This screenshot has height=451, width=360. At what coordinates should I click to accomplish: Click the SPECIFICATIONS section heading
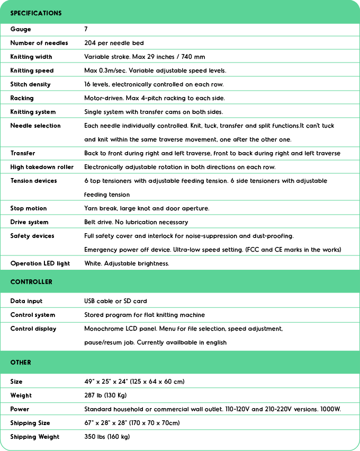(36, 13)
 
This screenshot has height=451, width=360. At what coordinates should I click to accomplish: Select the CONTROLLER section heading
(31, 282)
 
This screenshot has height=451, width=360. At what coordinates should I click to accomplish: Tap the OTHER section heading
(21, 362)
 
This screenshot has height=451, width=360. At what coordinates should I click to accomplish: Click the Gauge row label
(21, 29)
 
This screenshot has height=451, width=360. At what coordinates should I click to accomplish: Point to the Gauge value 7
(86, 29)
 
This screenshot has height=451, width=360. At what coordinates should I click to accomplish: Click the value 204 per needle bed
(114, 43)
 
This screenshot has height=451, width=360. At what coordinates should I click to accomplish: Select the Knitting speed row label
(32, 70)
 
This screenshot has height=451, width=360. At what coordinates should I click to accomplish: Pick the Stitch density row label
(31, 84)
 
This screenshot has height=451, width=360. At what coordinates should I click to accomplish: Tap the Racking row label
(22, 98)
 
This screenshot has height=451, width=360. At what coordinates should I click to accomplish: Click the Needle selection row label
(35, 126)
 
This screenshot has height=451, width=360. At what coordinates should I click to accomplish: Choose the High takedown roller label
(42, 167)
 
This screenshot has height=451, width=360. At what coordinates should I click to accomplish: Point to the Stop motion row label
(29, 208)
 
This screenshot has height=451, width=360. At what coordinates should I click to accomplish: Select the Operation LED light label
(40, 263)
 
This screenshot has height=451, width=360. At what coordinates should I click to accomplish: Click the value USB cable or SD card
(115, 301)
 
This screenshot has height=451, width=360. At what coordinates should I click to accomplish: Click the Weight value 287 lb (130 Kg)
(105, 395)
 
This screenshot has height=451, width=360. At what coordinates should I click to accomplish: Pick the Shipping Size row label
(30, 423)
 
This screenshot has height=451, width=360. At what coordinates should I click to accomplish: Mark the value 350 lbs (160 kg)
(107, 437)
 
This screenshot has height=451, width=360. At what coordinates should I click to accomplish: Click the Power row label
(20, 409)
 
